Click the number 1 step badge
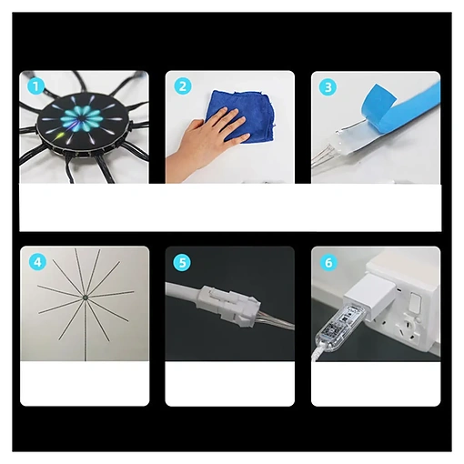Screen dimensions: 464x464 click(35, 86)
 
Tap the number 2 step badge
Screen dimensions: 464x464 click(183, 86)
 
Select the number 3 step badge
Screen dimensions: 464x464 click(328, 87)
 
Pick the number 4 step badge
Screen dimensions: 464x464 click(37, 262)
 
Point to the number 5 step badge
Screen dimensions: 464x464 click(182, 262)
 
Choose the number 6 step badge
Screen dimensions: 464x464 click(328, 263)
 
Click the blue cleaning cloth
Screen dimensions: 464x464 click(239, 116)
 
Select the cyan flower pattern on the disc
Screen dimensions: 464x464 click(80, 117)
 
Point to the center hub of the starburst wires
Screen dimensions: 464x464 click(85, 298)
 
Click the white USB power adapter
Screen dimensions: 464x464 click(370, 295)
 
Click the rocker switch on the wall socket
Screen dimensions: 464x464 click(414, 303)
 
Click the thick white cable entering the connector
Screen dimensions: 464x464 click(183, 292)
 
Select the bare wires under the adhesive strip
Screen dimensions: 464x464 click(325, 157)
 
